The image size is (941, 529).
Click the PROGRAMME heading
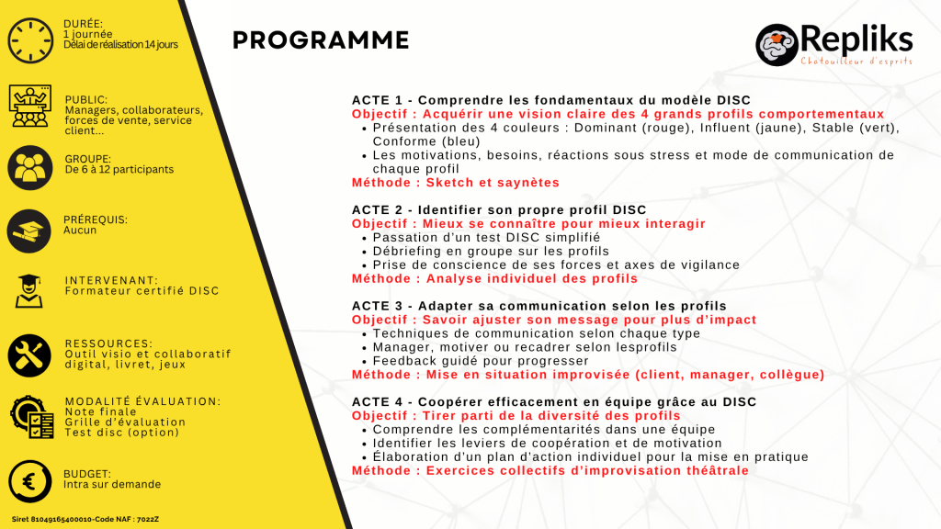click(x=321, y=40)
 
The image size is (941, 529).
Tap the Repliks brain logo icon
click(x=777, y=44)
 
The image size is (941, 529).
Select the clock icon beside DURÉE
click(x=29, y=39)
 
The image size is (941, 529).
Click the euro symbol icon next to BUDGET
click(x=29, y=481)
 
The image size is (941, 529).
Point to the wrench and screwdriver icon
click(x=29, y=355)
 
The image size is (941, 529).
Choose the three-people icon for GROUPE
click(x=29, y=167)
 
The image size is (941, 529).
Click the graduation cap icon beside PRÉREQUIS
click(x=29, y=230)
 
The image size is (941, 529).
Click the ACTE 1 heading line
click(x=551, y=100)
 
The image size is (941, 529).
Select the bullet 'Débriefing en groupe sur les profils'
click(x=491, y=251)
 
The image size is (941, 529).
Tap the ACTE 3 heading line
click(x=539, y=306)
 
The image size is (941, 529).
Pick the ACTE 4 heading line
click(x=554, y=402)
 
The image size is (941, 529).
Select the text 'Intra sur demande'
click(x=112, y=484)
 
